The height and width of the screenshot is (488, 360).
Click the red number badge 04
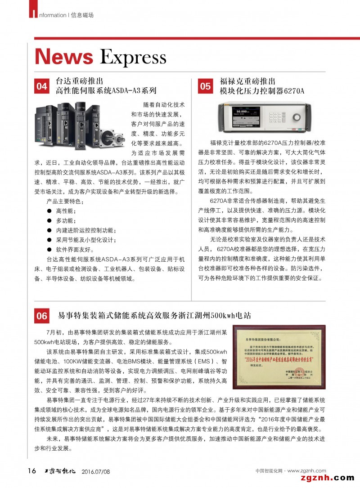[42, 85]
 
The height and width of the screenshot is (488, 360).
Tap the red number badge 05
[205, 85]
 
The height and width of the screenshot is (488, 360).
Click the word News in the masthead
[64, 57]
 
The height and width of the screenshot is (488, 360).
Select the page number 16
[31, 471]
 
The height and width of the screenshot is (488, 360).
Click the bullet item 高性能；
[66, 210]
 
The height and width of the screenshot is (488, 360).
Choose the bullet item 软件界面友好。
[75, 249]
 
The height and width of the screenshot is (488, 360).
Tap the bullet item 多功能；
[66, 220]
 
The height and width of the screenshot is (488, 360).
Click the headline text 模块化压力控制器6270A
[262, 91]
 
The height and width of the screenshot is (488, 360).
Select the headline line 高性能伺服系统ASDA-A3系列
[106, 91]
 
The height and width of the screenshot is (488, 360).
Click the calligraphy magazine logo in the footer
[60, 471]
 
